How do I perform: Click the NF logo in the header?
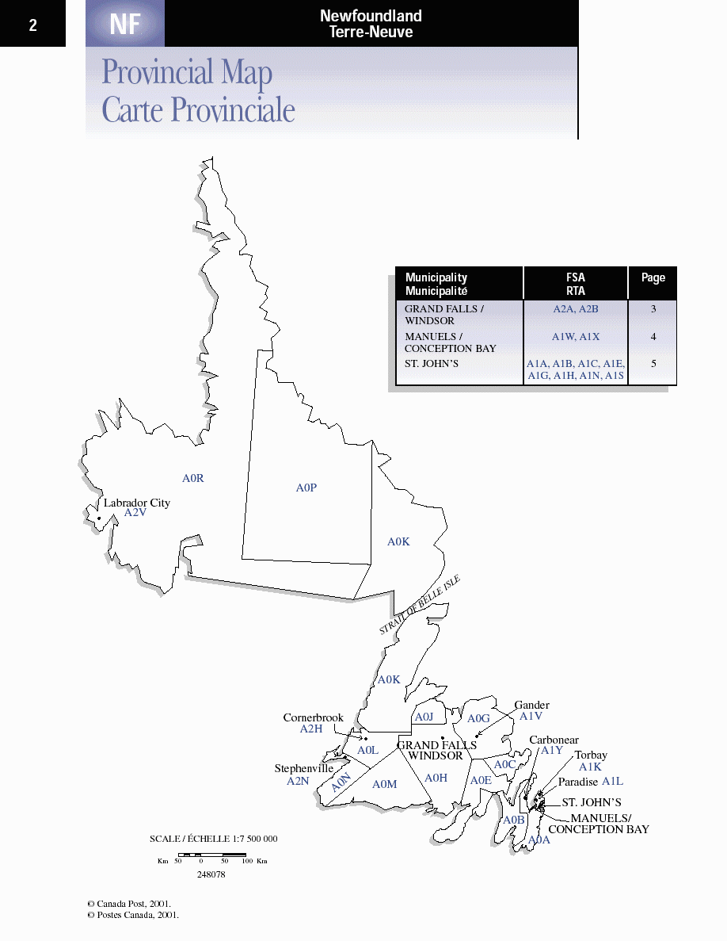click(125, 25)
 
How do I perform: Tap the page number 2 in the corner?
click(32, 25)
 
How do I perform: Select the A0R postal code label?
click(193, 478)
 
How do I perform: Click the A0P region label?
click(306, 488)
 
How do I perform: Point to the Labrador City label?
click(137, 503)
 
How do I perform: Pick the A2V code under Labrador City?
click(135, 513)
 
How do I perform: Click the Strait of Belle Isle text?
click(420, 605)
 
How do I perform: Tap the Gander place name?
click(531, 705)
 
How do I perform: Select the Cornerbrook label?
click(314, 717)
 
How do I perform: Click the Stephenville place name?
click(304, 768)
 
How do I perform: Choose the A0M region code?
click(384, 784)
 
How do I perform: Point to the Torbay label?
click(591, 755)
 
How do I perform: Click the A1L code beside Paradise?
click(612, 782)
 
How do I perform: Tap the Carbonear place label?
click(554, 740)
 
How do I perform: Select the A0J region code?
click(424, 717)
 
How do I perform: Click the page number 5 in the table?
click(653, 364)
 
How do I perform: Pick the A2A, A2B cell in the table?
click(576, 309)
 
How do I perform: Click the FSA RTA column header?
click(576, 284)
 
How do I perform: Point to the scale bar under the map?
click(212, 855)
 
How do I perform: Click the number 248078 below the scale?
click(211, 874)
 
